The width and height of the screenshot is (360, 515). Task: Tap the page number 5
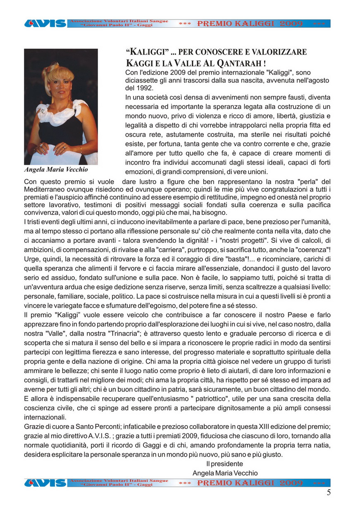(329, 492)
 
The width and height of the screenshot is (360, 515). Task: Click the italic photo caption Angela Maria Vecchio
(56, 169)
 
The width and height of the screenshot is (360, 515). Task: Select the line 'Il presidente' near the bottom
(225, 464)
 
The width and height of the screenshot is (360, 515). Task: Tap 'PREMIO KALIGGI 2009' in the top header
(250, 24)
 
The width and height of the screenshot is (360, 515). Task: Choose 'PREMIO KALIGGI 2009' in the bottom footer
(250, 483)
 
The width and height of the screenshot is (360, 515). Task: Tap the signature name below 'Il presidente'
(225, 473)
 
